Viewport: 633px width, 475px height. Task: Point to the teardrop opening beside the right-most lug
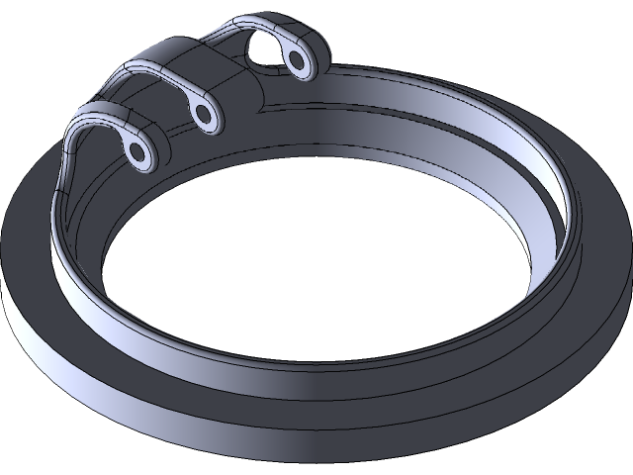(x=265, y=51)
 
